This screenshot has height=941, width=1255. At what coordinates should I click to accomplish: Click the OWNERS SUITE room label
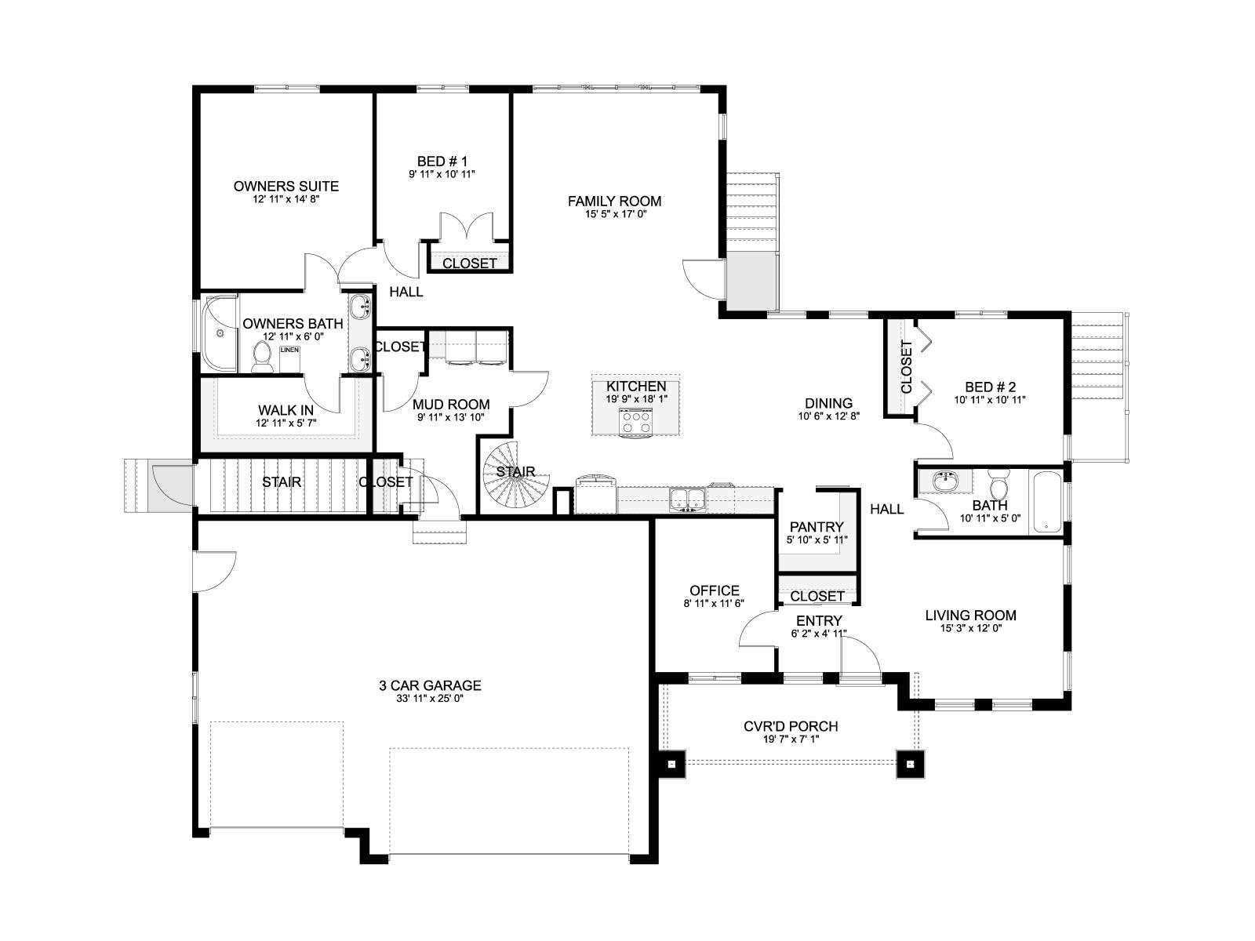click(x=286, y=187)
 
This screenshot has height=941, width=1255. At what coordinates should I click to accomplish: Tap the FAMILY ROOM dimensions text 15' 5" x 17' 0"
click(x=615, y=214)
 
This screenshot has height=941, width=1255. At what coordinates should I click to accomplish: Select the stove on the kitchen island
click(x=636, y=423)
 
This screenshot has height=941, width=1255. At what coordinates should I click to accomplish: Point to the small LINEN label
click(x=289, y=350)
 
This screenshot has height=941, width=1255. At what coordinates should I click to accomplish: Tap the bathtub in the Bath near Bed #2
click(x=1045, y=502)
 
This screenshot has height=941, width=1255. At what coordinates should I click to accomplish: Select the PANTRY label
click(x=816, y=527)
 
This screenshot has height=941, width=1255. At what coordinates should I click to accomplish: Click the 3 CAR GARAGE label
click(x=430, y=685)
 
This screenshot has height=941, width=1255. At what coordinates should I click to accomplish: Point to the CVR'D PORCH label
click(x=791, y=726)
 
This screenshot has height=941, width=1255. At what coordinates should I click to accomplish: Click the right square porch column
click(x=910, y=764)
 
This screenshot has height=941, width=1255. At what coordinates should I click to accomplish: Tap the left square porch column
click(x=671, y=764)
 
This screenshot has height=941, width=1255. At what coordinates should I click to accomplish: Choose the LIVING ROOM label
click(x=971, y=616)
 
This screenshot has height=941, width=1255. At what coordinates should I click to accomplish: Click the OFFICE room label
click(x=714, y=590)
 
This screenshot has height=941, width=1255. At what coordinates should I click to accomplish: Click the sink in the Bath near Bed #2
click(x=946, y=481)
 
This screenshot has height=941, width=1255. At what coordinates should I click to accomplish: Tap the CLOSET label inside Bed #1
click(x=469, y=263)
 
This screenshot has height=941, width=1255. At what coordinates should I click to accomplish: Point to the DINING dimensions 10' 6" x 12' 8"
click(x=829, y=416)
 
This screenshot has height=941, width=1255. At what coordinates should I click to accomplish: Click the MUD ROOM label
click(x=451, y=405)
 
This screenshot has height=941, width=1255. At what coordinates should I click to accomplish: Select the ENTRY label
click(x=819, y=620)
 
